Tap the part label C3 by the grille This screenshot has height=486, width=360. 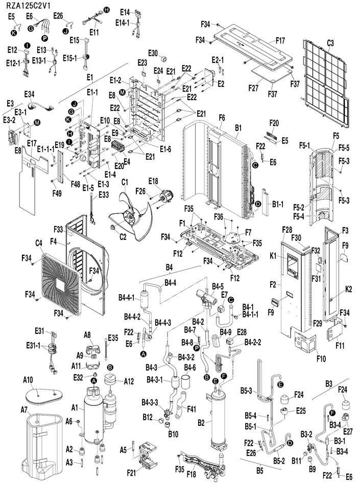coord(330,43)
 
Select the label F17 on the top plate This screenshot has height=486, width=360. coord(280,41)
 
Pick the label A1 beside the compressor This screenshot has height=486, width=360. coord(75,407)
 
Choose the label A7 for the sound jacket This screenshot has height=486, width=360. coord(24,410)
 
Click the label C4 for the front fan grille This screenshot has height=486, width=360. coord(38,244)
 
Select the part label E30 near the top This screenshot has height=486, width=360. coord(153,53)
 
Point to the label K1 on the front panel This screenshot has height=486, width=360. coord(273,256)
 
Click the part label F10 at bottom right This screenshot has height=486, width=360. coord(321,358)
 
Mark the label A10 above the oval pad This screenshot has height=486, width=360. coord(28,380)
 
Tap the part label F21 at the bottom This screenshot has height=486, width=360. coord(131,473)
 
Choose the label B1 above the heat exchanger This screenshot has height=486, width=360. coord(238,128)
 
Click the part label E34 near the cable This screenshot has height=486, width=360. coord(29,94)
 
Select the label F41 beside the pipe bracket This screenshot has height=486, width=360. coord(191,409)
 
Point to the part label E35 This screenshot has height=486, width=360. coord(113,337)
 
